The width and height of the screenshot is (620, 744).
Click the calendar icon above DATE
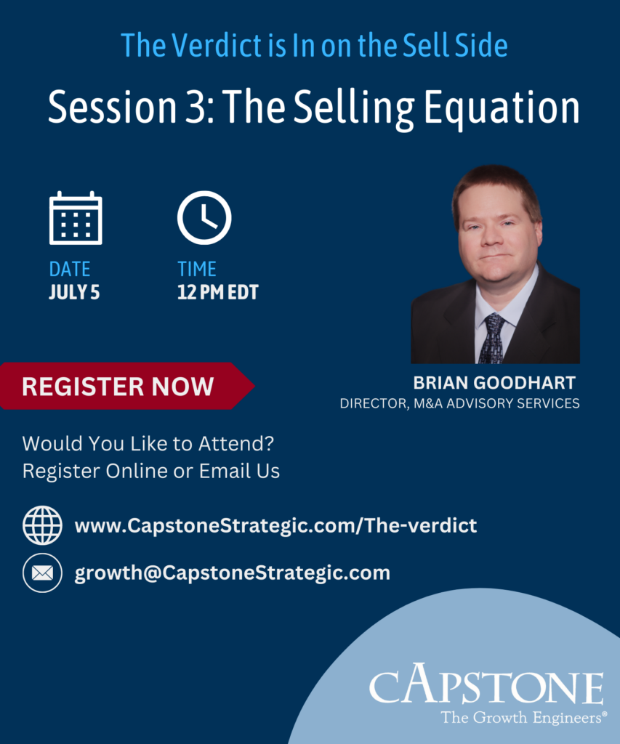[x=76, y=218]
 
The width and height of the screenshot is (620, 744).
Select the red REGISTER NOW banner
[x=126, y=386]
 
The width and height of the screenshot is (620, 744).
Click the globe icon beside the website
[x=42, y=525]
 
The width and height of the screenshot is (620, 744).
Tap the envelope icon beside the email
[x=42, y=573]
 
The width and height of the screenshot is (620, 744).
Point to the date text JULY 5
[x=74, y=292]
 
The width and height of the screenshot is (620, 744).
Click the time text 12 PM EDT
[x=218, y=292]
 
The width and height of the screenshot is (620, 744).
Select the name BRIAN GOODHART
[x=494, y=382]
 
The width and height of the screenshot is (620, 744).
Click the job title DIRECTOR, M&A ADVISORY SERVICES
[x=459, y=403]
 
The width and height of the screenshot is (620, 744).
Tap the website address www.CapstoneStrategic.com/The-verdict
[x=275, y=525]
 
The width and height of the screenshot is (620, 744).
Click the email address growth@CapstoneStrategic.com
[x=232, y=573]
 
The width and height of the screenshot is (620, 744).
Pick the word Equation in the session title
[x=502, y=108]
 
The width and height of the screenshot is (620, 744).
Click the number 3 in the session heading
[x=195, y=108]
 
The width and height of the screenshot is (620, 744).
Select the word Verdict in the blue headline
[x=217, y=46]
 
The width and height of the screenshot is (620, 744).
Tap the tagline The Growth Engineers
[x=523, y=717]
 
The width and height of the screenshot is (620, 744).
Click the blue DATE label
[x=70, y=269]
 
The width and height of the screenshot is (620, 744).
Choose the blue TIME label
[x=197, y=269]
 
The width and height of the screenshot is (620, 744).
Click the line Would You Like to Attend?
[x=148, y=444]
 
